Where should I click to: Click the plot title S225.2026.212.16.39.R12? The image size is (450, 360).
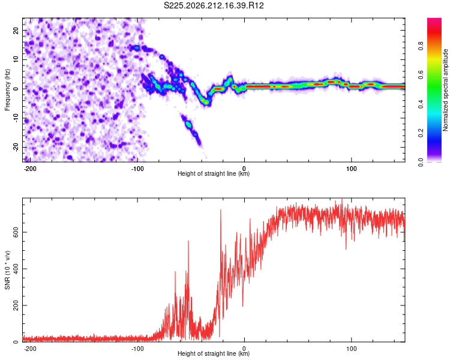pos(214,5)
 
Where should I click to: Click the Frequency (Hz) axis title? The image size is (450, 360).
pos(7,90)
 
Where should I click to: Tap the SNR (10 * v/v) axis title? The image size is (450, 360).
pos(7,270)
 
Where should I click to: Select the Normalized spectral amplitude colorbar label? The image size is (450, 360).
pos(445,90)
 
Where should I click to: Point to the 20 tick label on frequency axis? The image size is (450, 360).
pos(16,31)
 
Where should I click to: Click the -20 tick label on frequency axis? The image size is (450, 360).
pos(16,147)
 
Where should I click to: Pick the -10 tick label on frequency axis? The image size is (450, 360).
pos(16,118)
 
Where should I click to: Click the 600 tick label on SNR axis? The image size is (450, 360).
pos(16,232)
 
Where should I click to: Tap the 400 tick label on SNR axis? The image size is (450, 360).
pos(16,269)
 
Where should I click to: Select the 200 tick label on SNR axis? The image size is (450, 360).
pos(16,305)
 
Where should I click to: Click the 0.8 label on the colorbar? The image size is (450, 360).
pos(421,46)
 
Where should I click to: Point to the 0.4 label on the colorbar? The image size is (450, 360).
pos(421,104)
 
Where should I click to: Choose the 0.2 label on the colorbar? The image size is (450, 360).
pos(421,133)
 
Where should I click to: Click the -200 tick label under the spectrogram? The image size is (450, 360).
pos(30,169)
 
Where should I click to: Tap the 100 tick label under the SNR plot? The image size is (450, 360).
pos(351,349)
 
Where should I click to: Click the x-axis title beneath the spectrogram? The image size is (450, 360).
pos(214,173)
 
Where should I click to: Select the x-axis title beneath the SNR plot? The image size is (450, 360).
pos(214,353)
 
